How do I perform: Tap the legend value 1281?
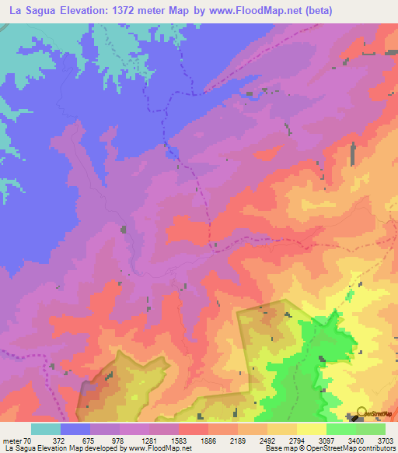148,441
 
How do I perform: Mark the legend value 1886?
208,441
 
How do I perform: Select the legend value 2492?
267,441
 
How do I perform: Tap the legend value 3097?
326,441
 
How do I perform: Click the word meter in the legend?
12,441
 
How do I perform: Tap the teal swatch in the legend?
46,429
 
